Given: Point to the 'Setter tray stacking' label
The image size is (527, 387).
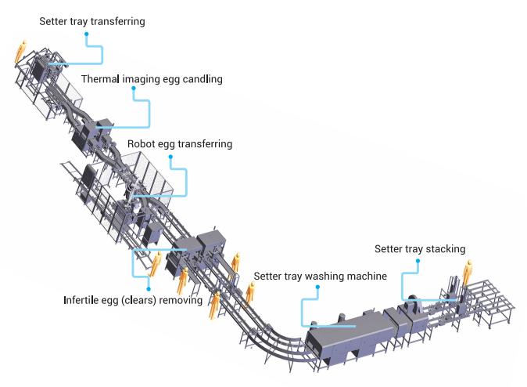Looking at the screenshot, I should click(419, 249).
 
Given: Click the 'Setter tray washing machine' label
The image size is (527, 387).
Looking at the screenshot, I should click(320, 276).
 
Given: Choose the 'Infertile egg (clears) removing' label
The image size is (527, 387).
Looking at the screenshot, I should click(132, 299).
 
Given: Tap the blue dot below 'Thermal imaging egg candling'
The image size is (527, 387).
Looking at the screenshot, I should click(134, 89).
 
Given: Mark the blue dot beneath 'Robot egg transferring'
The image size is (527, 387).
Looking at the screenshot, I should click(171, 156).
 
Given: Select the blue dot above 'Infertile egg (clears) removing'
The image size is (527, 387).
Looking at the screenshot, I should click(149, 288).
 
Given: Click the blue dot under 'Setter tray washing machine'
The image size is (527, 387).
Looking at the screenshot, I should click(317, 287).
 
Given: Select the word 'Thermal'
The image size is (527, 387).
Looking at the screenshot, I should click(99, 79).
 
